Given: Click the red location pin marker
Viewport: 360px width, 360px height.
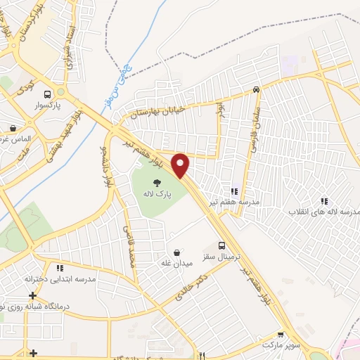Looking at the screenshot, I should (181, 165).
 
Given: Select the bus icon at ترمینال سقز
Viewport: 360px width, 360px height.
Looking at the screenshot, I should (222, 246).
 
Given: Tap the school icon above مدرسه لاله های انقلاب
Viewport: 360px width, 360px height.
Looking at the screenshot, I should (323, 200).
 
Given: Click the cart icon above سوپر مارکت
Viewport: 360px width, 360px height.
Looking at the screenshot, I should (281, 336).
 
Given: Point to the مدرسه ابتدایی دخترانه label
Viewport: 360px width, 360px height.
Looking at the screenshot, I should (60, 278).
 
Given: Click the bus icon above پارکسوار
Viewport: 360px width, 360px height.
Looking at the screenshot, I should (47, 94).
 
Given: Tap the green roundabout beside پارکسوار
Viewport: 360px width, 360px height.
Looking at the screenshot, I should (62, 92).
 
